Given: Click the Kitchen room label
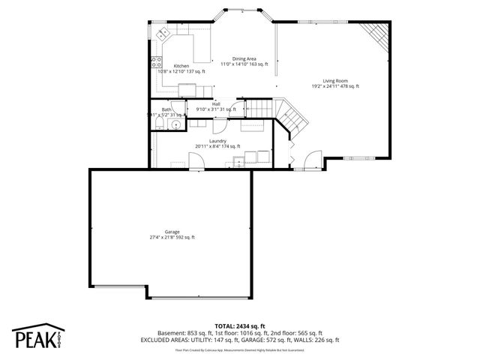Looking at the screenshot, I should [181, 66].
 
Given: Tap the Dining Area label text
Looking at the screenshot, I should [244, 58].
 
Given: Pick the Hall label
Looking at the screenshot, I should [216, 103].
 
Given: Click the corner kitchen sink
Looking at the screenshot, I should [162, 33].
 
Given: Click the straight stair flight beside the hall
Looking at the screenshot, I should [258, 109].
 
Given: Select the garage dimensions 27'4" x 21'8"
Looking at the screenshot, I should [172, 238].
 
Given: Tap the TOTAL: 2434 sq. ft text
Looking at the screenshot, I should [239, 325].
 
